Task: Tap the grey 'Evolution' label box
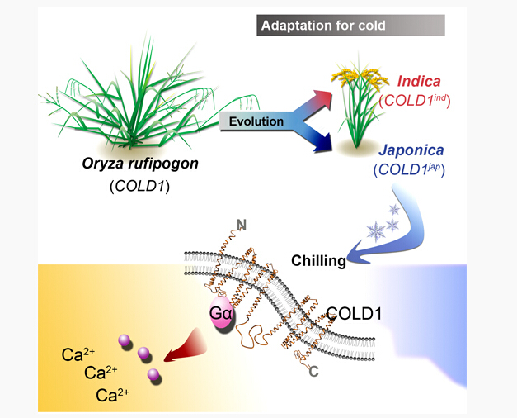pyautogui.click(x=256, y=121)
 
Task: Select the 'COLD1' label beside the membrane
pyautogui.click(x=359, y=314)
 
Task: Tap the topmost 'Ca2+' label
pyautogui.click(x=82, y=356)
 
